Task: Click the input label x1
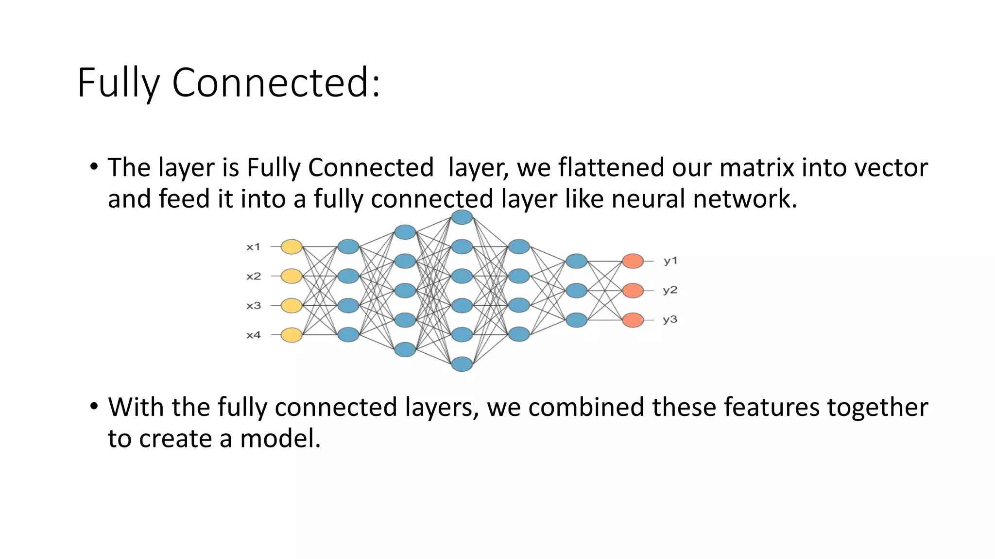(253, 247)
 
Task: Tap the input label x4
(253, 335)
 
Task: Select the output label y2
(670, 290)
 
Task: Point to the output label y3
(670, 320)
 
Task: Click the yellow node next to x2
(292, 276)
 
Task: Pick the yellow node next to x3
(292, 306)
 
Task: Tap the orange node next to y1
(633, 261)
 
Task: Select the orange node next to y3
(633, 320)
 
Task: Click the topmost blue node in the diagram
(462, 217)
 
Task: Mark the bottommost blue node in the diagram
(462, 364)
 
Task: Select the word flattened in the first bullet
(611, 167)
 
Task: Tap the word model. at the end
(280, 438)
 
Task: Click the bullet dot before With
(94, 406)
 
